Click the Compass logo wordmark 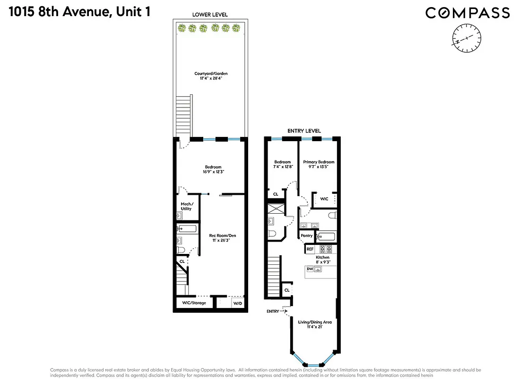(468, 13)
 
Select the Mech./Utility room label (186, 206)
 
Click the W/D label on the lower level (237, 303)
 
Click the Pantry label (306, 236)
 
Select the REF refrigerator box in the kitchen (310, 249)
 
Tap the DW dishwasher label (310, 269)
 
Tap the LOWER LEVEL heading (210, 15)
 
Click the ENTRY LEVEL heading (304, 131)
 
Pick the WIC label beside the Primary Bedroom (324, 199)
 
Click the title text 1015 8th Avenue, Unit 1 (78, 12)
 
